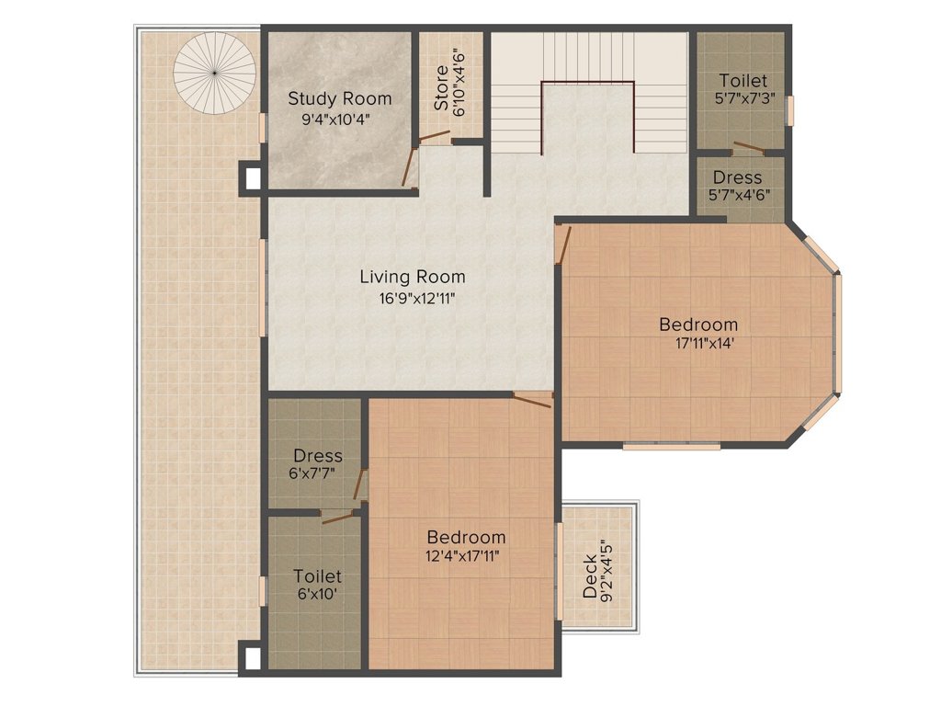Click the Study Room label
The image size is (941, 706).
tap(340, 98)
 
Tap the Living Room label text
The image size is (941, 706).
tap(413, 277)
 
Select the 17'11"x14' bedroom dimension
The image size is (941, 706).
tap(705, 344)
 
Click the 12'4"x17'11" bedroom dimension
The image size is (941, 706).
tap(463, 556)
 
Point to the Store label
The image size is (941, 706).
tap(442, 87)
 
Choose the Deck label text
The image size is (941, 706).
tap(591, 576)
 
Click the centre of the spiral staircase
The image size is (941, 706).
tap(214, 73)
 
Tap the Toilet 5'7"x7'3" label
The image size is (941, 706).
tap(743, 81)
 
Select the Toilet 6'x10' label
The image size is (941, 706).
tap(317, 576)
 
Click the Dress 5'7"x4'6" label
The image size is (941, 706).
tap(738, 177)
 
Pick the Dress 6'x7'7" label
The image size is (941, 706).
tap(318, 456)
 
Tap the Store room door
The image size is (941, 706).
tap(435, 136)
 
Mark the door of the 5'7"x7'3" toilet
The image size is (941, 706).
tap(748, 148)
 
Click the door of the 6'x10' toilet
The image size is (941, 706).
tap(337, 518)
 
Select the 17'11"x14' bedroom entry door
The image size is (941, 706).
tap(563, 245)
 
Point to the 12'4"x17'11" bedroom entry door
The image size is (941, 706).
tap(532, 400)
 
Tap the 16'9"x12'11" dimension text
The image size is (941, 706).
tap(416, 299)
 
